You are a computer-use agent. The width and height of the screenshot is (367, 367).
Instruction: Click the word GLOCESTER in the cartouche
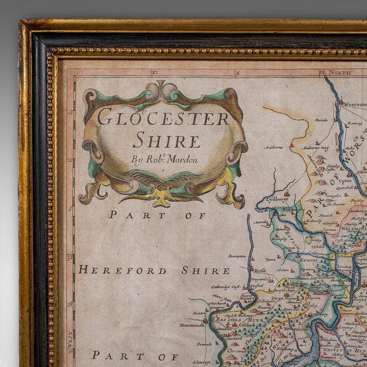coord(164,117)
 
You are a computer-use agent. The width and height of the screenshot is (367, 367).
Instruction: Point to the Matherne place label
coord(274,147)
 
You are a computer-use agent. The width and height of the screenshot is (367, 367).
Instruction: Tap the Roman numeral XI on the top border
coord(154,73)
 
